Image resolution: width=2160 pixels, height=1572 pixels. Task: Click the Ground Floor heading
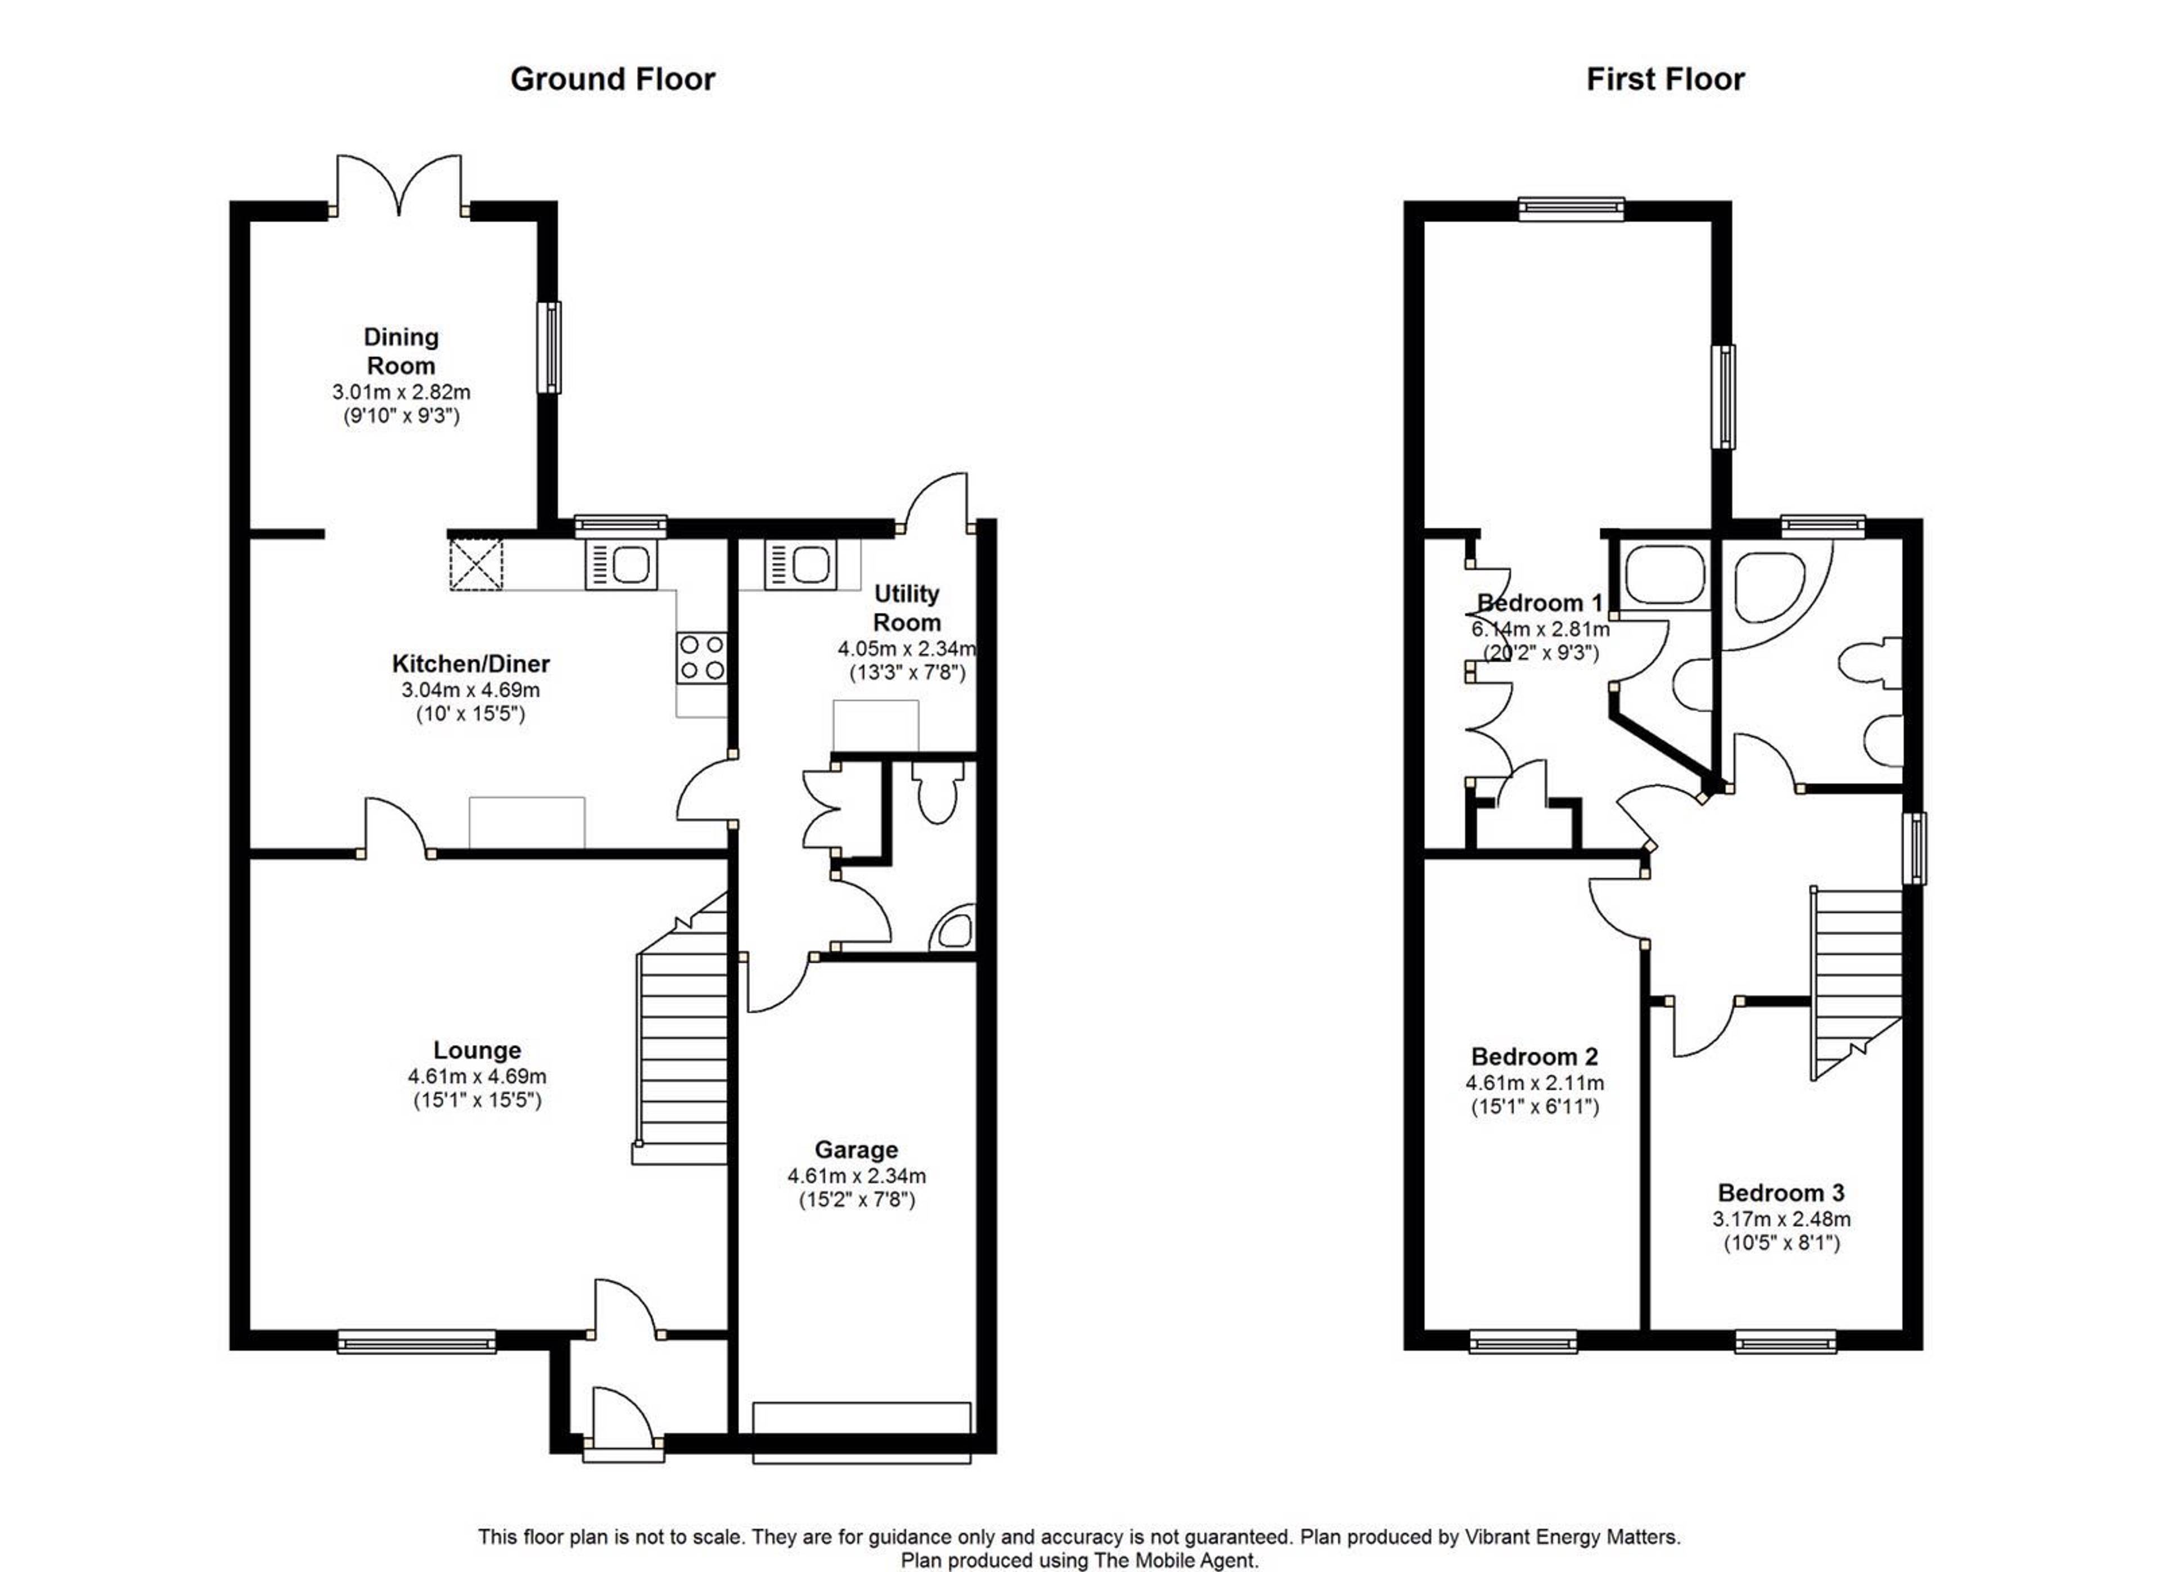[613, 79]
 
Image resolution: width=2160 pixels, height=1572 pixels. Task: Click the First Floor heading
[1665, 79]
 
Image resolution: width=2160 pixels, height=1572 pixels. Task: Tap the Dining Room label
[401, 351]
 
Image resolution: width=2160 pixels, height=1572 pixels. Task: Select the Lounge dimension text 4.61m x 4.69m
[477, 1076]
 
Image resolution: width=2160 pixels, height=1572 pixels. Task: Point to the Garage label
[856, 1150]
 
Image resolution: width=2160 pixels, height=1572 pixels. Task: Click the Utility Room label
[907, 608]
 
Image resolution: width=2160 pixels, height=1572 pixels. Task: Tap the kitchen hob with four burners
[702, 657]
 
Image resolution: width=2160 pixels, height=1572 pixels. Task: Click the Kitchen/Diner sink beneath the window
[621, 564]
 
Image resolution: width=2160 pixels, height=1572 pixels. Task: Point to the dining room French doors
[398, 186]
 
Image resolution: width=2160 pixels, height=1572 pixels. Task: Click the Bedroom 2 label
[1534, 1057]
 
